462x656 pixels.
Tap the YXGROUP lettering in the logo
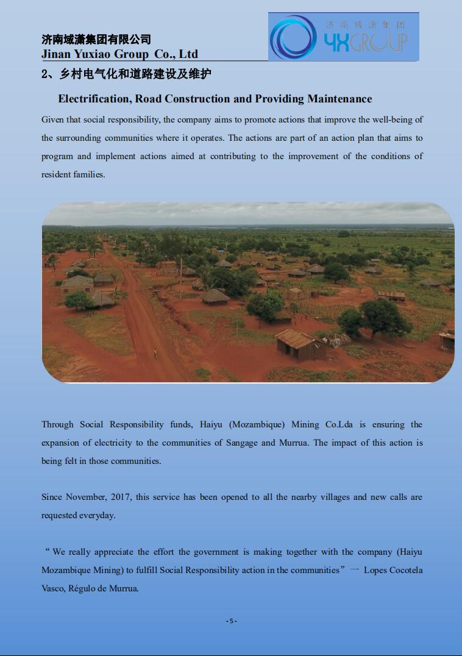click(x=365, y=42)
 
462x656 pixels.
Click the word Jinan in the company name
click(x=56, y=54)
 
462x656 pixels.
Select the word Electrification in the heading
click(x=92, y=99)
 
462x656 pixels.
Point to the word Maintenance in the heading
click(x=339, y=99)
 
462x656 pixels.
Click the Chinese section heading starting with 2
click(x=126, y=74)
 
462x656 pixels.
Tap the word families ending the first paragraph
click(x=89, y=174)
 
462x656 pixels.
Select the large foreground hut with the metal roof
click(x=299, y=344)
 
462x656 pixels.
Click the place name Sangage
click(x=242, y=443)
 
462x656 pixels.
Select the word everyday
click(x=97, y=515)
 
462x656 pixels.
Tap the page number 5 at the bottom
click(x=231, y=621)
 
